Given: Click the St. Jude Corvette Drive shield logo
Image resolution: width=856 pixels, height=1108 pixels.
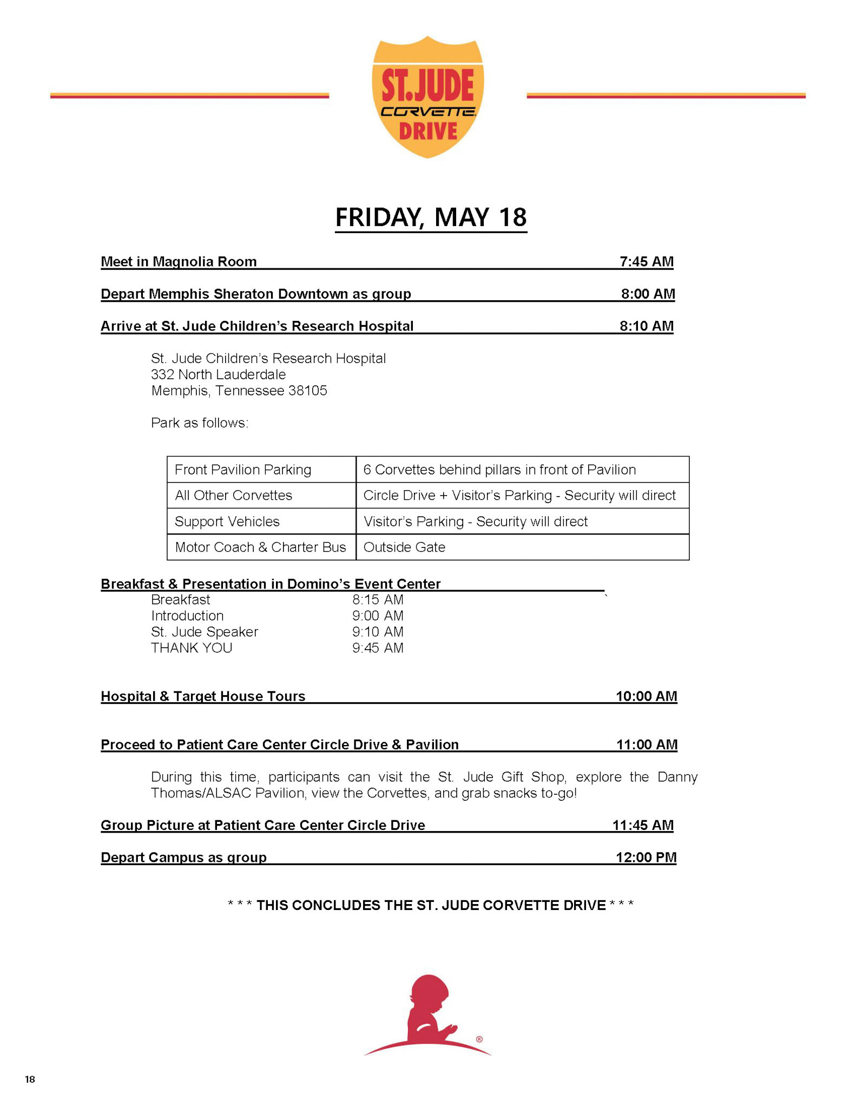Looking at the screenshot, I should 427,97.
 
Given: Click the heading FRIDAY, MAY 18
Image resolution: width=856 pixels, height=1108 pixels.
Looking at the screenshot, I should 431,217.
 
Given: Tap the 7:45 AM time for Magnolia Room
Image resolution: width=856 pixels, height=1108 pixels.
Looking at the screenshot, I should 646,262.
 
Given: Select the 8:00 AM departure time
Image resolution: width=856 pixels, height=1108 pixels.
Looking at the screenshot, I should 648,294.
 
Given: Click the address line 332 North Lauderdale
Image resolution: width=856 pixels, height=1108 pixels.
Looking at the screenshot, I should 218,374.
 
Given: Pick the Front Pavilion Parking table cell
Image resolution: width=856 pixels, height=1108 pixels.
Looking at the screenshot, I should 243,470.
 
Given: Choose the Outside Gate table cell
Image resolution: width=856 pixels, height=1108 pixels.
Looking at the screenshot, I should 404,547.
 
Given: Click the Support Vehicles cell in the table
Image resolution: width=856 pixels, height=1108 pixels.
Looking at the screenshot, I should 227,522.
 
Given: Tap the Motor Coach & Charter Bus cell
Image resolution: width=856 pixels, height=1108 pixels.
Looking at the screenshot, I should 260,547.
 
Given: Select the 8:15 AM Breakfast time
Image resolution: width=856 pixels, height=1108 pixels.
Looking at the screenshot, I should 378,599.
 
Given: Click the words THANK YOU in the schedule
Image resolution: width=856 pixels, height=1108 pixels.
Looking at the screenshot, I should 192,648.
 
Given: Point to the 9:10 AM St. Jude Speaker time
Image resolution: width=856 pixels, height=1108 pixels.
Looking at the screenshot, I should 378,632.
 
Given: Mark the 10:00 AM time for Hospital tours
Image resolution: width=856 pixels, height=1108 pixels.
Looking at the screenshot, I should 646,696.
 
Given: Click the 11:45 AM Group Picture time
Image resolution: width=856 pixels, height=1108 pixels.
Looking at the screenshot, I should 643,825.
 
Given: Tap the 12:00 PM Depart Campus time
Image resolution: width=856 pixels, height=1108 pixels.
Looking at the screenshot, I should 646,858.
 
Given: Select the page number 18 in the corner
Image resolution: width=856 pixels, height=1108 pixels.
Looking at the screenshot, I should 30,1079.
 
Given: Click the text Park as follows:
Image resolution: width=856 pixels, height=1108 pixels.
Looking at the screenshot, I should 200,423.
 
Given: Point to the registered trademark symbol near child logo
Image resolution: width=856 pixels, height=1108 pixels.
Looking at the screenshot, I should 479,1039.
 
